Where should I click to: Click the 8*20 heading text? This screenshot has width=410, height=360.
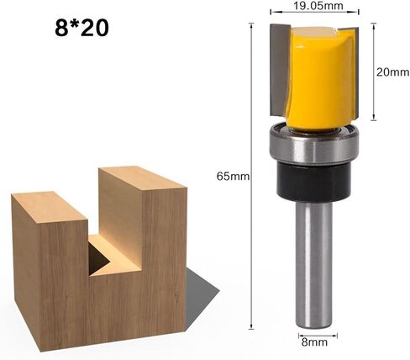[x=81, y=28]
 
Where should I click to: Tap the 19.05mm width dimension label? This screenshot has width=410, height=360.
[x=318, y=6]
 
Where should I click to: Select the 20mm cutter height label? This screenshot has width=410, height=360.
[x=392, y=72]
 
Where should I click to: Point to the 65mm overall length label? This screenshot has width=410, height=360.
[x=233, y=177]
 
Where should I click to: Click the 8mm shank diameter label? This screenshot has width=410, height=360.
[x=314, y=342]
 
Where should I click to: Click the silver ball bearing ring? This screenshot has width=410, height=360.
[x=314, y=145]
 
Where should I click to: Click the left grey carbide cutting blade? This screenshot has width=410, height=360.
[x=279, y=70]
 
